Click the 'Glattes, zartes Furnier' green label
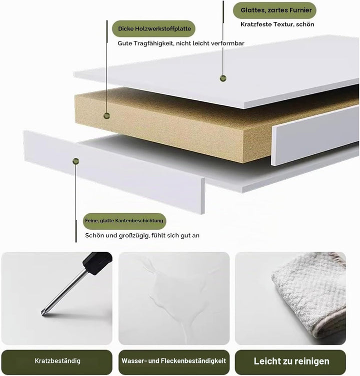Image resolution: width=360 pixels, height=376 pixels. point(274,10)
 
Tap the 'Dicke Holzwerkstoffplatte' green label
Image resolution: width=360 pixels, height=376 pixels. point(153,29)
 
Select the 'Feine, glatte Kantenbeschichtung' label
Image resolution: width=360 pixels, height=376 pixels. point(124,221)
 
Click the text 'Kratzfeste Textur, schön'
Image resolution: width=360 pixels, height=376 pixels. point(277,24)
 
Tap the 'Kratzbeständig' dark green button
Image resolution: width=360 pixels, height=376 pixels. point(57,361)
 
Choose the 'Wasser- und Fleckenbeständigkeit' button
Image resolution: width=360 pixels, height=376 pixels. point(174,361)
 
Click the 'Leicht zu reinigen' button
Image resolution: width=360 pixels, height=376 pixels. point(290,361)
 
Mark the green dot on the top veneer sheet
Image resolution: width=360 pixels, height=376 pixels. point(223,78)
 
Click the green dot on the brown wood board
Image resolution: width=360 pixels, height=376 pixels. point(106,116)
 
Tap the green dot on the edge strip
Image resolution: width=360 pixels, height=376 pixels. point(75,161)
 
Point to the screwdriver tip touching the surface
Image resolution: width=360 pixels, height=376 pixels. point(43,314)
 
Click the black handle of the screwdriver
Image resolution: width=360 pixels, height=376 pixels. point(97,263)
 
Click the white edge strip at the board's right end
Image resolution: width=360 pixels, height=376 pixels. point(315,135)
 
